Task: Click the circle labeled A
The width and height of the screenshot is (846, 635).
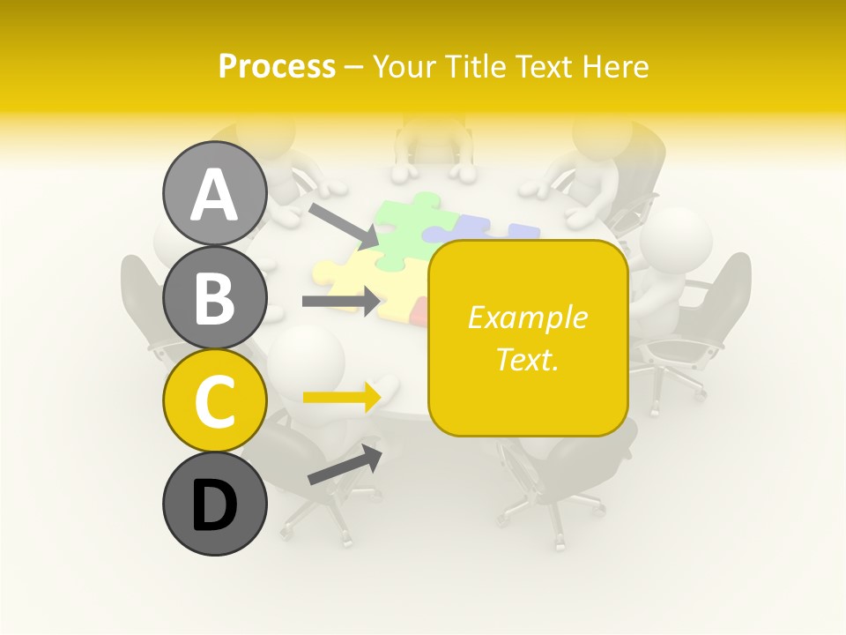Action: [x=214, y=193]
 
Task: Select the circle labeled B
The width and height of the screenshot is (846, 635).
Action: [x=214, y=296]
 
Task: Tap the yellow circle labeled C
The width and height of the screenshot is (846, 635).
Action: [x=214, y=400]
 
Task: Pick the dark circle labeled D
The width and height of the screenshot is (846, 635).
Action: [x=214, y=504]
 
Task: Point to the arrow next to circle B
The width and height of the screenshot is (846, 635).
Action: [x=342, y=302]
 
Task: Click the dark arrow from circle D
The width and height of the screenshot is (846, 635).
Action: [x=345, y=466]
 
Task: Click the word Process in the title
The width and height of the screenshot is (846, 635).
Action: [x=277, y=66]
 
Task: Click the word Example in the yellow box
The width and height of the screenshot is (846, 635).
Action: [x=528, y=317]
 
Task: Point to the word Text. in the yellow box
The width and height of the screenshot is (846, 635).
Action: [x=528, y=359]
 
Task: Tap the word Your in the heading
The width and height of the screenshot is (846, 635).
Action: [x=405, y=66]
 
